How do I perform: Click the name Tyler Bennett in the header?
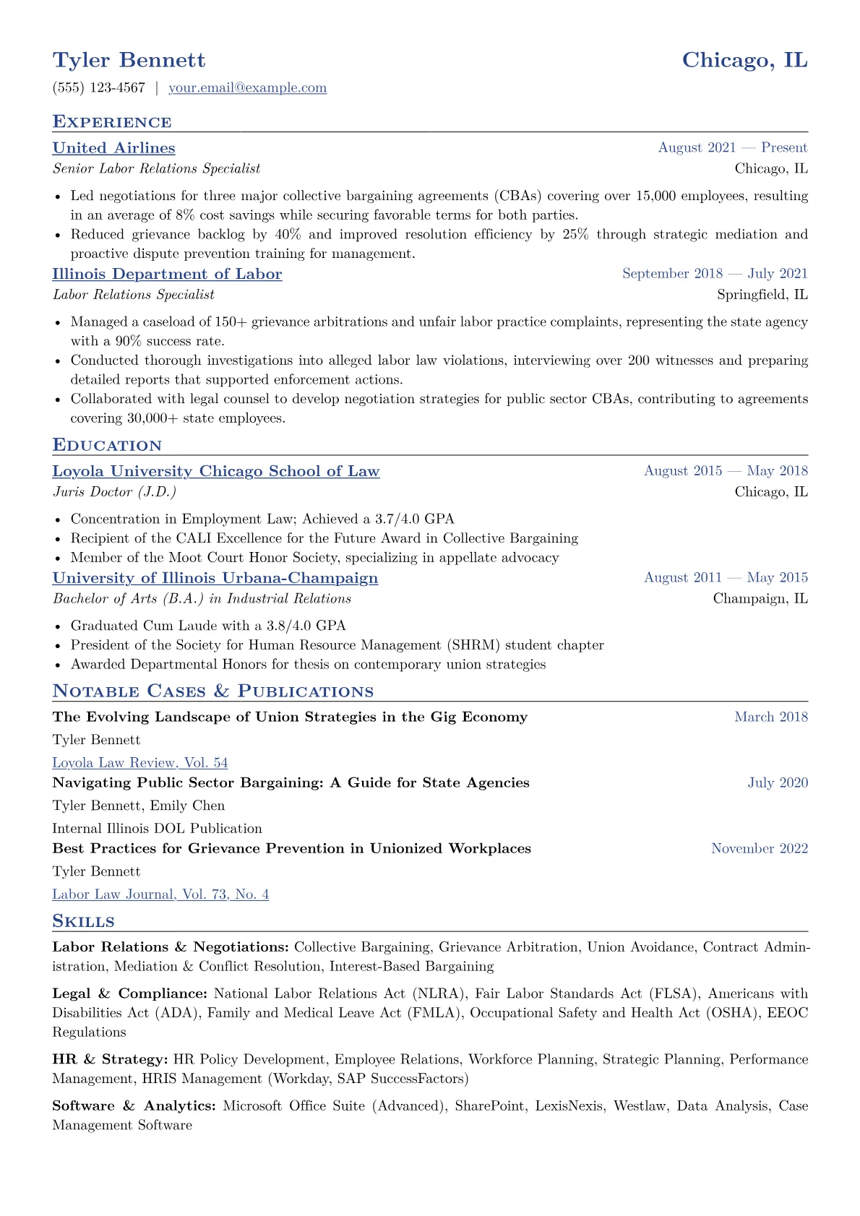point(129,60)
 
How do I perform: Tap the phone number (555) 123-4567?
point(99,88)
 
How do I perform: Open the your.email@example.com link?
point(247,88)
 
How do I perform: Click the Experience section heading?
point(112,122)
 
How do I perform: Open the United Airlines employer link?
point(113,148)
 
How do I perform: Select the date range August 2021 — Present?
point(732,148)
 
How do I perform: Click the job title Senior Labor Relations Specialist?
point(156,169)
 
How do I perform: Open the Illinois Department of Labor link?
point(167,275)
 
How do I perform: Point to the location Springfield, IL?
point(762,295)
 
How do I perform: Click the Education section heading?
point(107,445)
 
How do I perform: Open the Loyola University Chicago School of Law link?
point(215,472)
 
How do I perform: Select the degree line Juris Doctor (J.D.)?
point(114,492)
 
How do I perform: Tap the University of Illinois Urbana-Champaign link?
point(215,578)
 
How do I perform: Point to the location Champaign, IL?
point(760,599)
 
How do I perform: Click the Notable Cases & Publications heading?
point(213,691)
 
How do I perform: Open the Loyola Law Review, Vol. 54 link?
point(140,763)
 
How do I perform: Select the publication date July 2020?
point(778,783)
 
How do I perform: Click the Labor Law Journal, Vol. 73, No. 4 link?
point(160,894)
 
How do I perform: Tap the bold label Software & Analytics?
point(134,1106)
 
